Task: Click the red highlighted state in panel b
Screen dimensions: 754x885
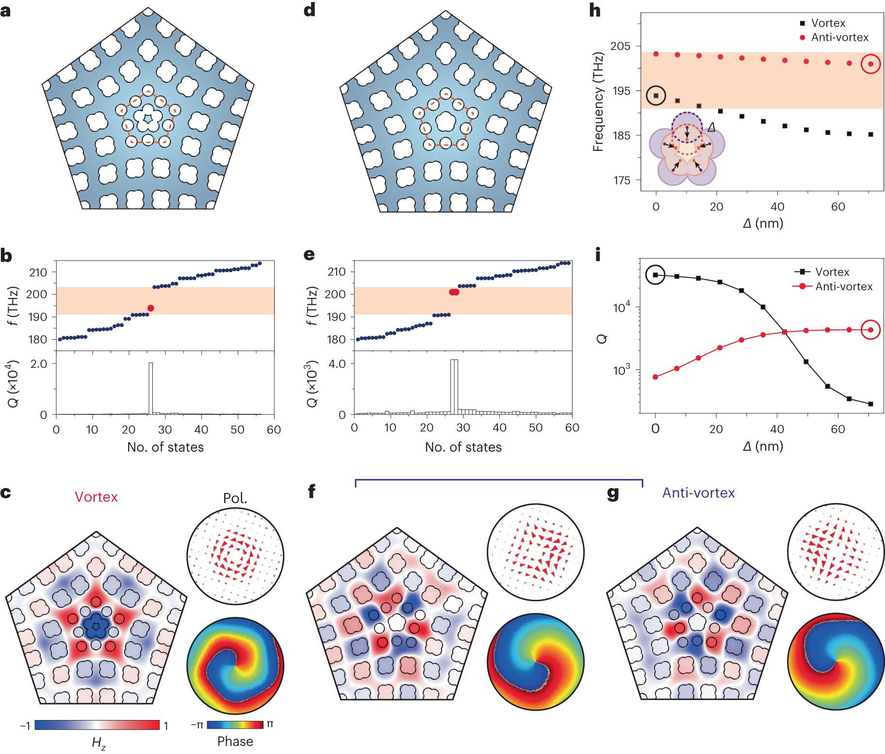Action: coord(151,308)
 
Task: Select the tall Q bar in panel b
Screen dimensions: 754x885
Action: coord(151,388)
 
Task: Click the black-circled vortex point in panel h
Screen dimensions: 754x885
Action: coord(656,96)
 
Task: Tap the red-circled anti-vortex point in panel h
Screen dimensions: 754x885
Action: coord(871,64)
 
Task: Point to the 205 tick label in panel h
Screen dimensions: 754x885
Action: coord(620,46)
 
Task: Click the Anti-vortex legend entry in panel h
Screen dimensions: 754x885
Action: coord(839,37)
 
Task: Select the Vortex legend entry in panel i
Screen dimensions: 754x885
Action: coord(832,272)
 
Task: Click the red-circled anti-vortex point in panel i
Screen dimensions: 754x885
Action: coord(871,330)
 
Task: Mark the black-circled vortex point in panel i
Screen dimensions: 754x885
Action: coord(656,275)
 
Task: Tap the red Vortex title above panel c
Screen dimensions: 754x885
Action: coord(96,497)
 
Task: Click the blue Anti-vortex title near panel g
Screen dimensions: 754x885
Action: coord(698,493)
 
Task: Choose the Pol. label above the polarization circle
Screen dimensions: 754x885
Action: coord(235,498)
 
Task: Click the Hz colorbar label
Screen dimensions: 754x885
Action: coord(98,743)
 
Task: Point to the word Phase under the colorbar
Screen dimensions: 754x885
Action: coord(235,741)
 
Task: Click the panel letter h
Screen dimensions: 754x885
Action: coord(595,11)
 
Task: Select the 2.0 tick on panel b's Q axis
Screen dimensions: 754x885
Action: coord(39,364)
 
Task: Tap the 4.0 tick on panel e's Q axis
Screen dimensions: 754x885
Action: coord(337,364)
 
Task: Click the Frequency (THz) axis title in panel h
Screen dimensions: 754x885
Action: coord(598,102)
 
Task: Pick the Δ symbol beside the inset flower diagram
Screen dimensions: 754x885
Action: coord(711,127)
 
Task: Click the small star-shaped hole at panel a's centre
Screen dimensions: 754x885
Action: coord(148,117)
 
